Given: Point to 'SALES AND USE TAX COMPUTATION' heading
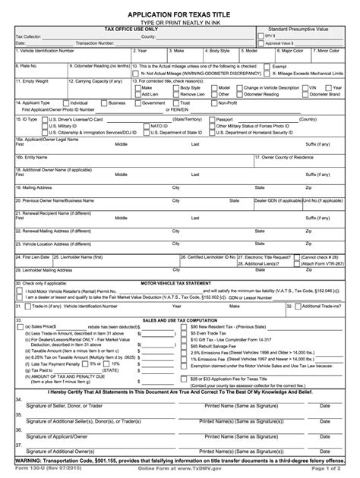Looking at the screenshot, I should pos(180,321).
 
